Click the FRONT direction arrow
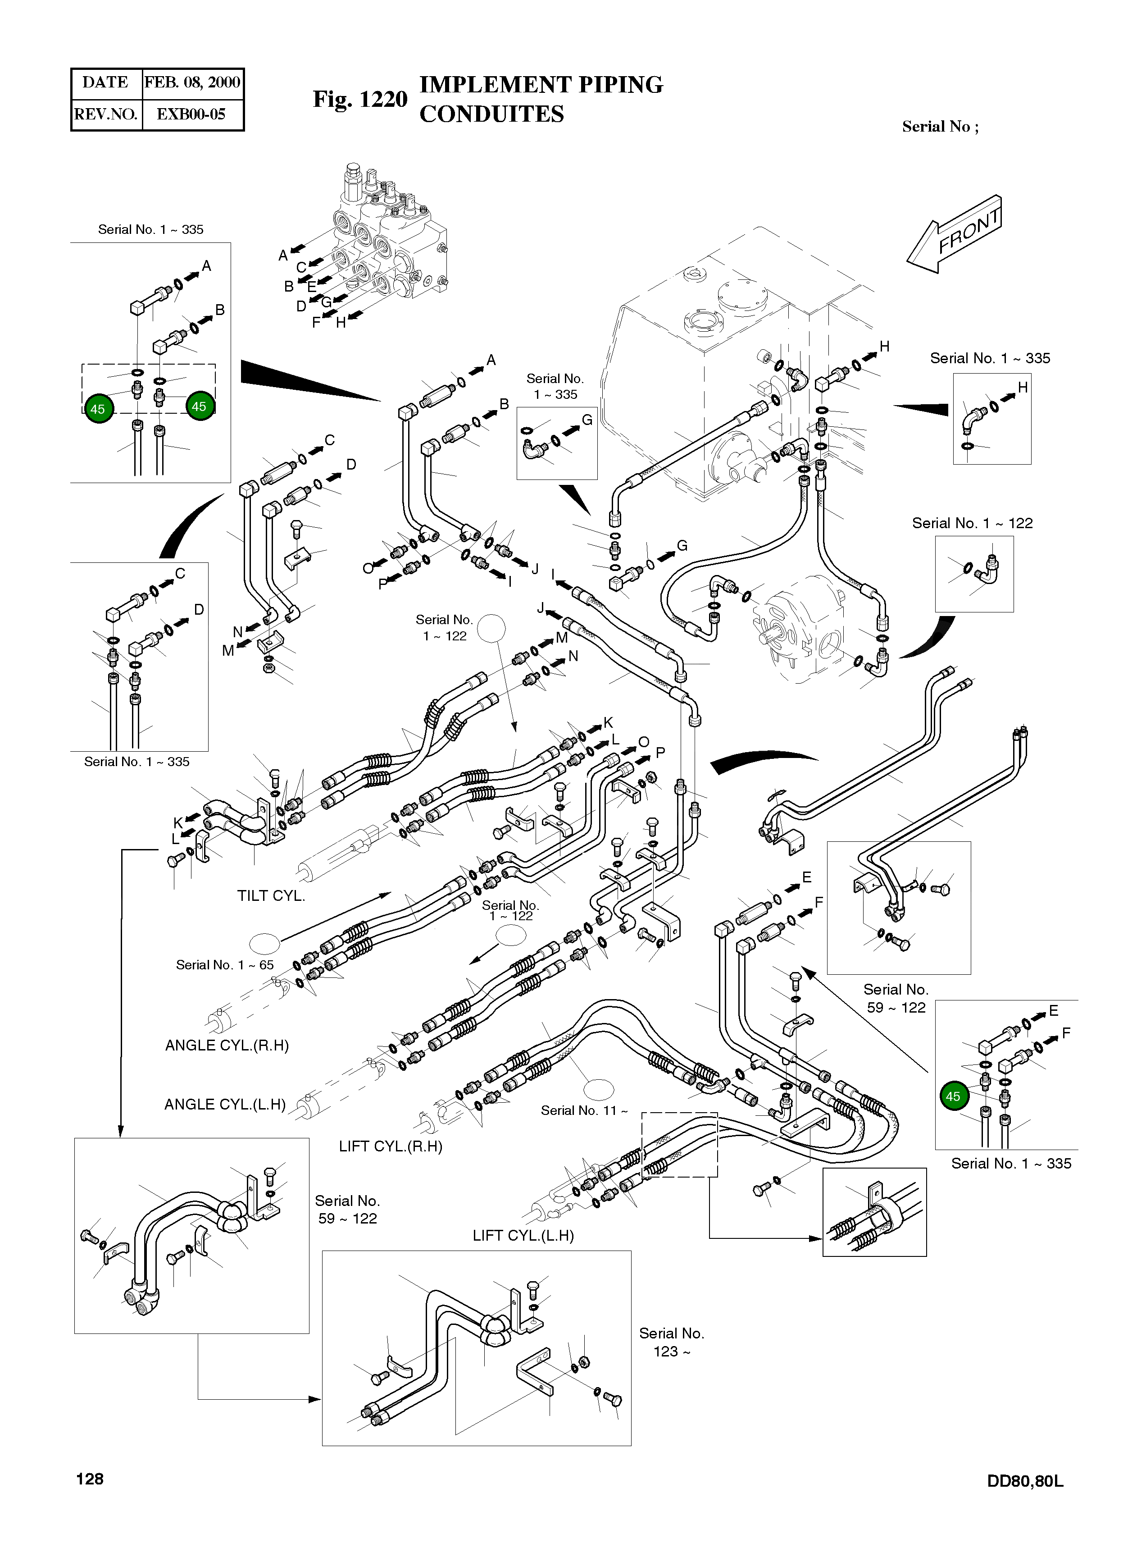click(x=956, y=234)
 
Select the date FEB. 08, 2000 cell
click(x=192, y=82)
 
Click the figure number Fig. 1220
click(x=359, y=99)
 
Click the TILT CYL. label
click(x=271, y=896)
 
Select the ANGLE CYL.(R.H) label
click(x=227, y=1046)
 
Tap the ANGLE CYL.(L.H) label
click(x=225, y=1105)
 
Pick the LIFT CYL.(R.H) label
click(x=391, y=1146)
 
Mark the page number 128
click(x=90, y=1479)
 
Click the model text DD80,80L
click(x=1025, y=1481)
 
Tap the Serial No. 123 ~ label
click(x=671, y=1342)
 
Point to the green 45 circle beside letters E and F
click(x=953, y=1096)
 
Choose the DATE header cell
click(x=105, y=82)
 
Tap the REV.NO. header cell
click(x=105, y=114)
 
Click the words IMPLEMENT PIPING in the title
click(x=541, y=85)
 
